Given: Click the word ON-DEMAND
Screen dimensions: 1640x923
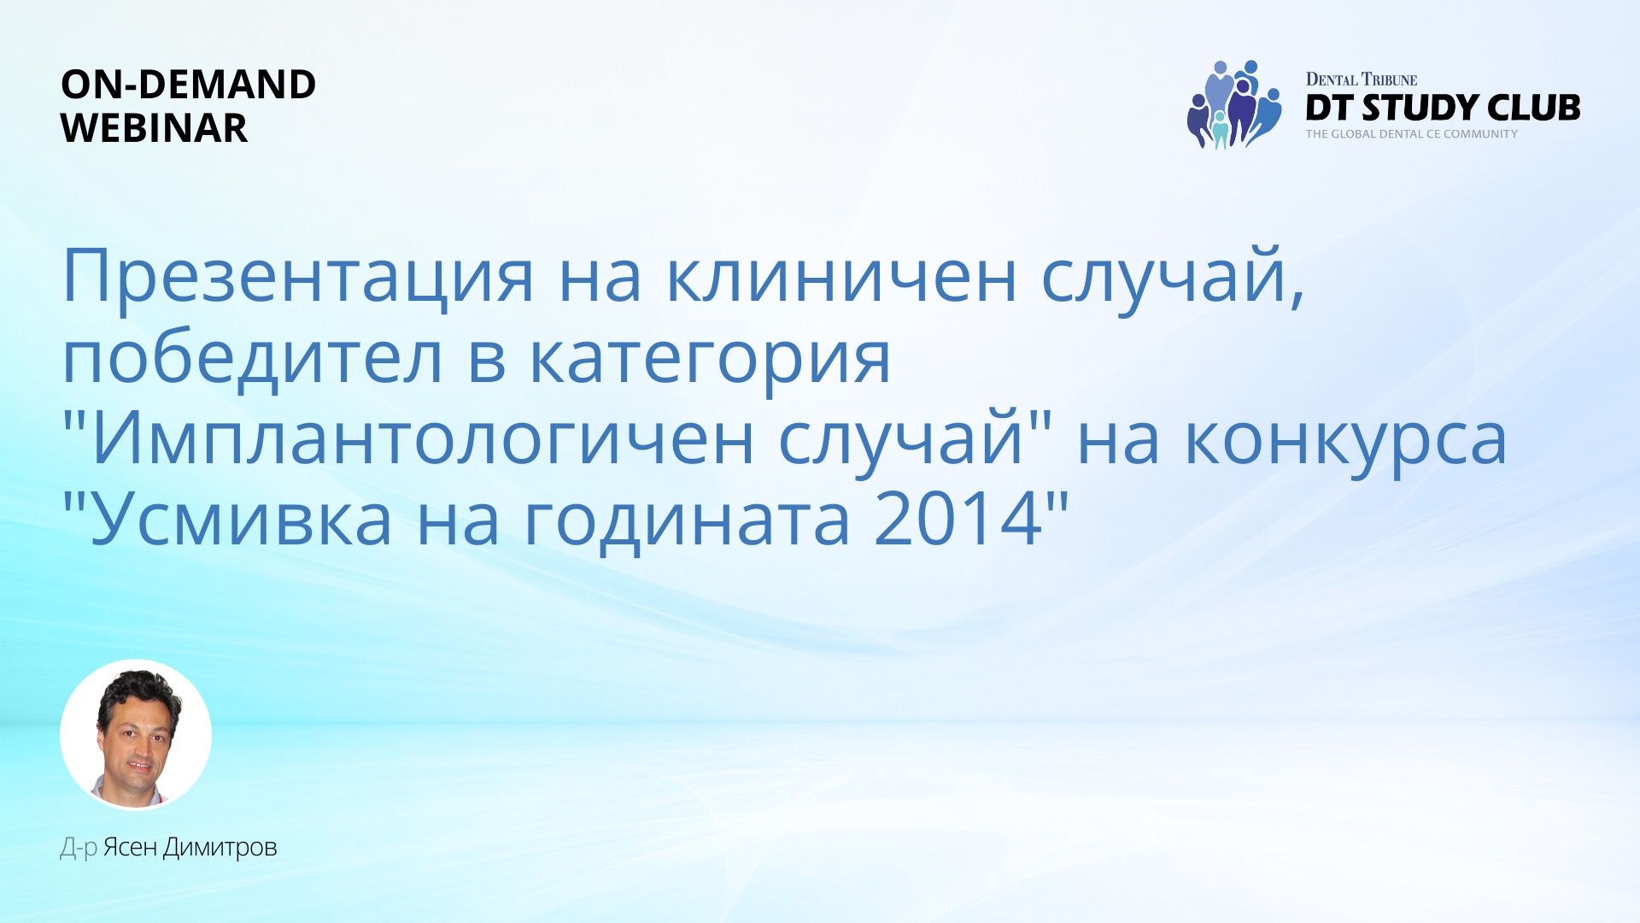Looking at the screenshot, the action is coord(189,85).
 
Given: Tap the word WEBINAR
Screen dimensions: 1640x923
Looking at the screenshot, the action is coord(155,128).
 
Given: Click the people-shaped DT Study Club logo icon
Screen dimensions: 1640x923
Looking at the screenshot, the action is coord(1234,104).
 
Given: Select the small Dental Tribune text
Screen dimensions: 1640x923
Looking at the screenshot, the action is coord(1362,79).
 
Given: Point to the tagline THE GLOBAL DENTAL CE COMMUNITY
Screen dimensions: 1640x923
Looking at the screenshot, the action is coord(1412,134).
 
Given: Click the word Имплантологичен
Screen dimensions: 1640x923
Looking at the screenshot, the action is coord(422,438).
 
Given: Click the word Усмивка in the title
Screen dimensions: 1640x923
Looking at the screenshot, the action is coord(241,520).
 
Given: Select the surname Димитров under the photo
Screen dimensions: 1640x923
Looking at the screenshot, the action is coord(220,848).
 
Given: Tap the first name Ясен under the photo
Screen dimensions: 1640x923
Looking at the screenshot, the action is coord(130,848).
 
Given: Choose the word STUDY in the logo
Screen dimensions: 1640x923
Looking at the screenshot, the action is coord(1420,108).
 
